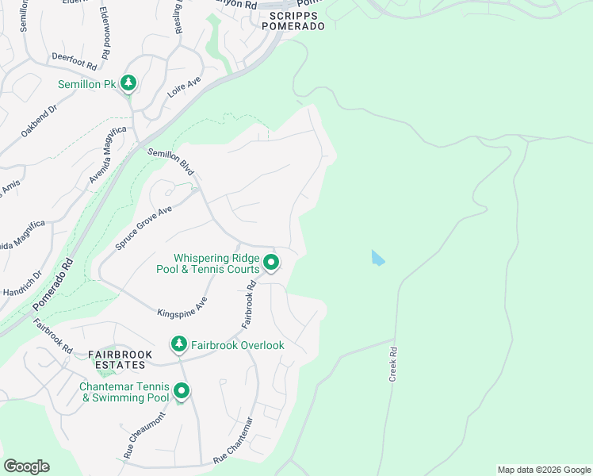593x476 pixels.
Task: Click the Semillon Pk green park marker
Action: pos(128,83)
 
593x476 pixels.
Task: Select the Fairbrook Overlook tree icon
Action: pos(180,344)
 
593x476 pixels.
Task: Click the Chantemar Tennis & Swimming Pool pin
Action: pos(182,391)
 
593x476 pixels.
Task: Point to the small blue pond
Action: pos(378,258)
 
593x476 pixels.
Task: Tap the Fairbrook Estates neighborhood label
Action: pos(117,359)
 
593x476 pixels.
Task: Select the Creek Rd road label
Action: pos(392,364)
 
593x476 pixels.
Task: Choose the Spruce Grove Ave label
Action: pos(143,228)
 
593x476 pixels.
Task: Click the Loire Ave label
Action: pos(184,87)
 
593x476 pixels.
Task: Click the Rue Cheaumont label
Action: pos(144,436)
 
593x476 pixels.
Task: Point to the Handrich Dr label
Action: pos(26,286)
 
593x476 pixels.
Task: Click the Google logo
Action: pos(26,466)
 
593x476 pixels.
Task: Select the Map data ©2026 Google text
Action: pos(543,470)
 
